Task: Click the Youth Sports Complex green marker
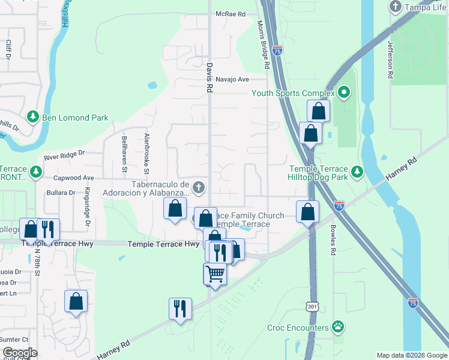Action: [x=343, y=93]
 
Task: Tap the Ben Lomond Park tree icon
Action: [x=33, y=118]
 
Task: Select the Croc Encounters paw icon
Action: [x=339, y=328]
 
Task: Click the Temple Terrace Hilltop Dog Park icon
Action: [x=358, y=172]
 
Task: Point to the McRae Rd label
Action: [x=231, y=14]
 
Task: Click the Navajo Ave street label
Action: [x=232, y=79]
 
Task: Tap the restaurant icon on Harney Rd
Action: [x=180, y=308]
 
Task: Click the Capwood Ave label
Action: [x=74, y=178]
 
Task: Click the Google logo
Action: [x=19, y=353]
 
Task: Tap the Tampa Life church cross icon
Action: [x=395, y=7]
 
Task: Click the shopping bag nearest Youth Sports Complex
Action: [x=318, y=111]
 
